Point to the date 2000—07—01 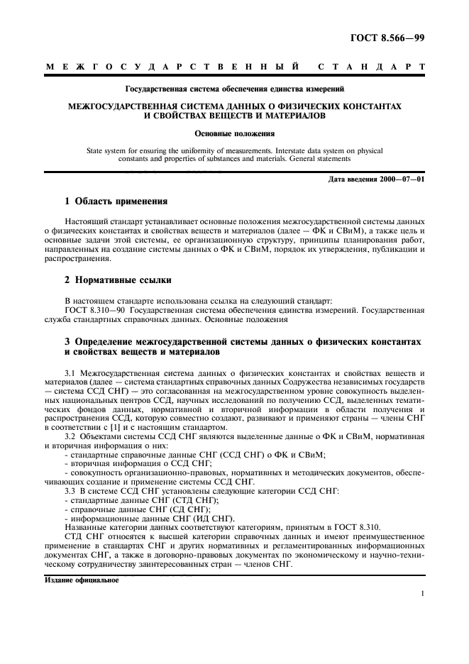tap(400, 179)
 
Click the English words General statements tap(344, 160)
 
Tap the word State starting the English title tap(94, 151)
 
